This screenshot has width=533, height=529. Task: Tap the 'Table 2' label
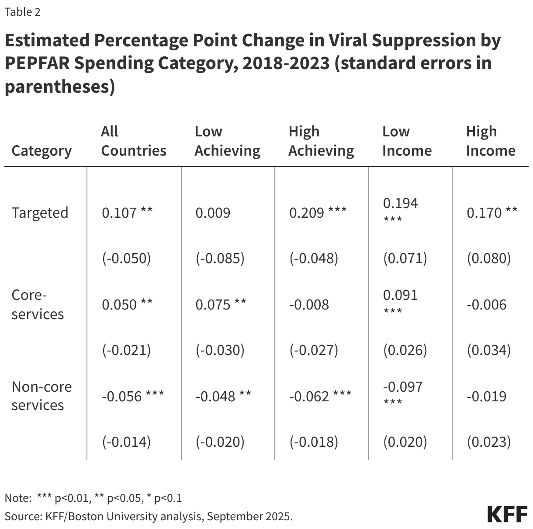coord(22,12)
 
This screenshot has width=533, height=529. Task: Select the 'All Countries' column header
coord(133,141)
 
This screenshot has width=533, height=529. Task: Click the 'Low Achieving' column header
coord(227,141)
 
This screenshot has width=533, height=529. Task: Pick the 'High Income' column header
coord(490,141)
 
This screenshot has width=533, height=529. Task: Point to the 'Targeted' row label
coord(40,213)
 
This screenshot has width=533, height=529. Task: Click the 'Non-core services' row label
coord(42,396)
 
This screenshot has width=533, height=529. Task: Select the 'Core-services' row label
coord(38,304)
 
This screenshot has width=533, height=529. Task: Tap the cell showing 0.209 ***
coord(318,213)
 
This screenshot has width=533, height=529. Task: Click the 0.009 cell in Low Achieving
coord(213,213)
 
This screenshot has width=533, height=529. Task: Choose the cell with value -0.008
coord(309,305)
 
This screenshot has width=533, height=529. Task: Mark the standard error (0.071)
coord(405,258)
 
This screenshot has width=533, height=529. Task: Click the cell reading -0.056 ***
coord(133,397)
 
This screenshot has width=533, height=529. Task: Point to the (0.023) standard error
coord(488,442)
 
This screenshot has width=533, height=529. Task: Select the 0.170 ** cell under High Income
coord(491,213)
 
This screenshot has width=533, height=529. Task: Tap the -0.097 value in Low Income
coord(402,387)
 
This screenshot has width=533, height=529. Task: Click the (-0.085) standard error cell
coord(220,258)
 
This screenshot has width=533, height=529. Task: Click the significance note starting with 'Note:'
coord(93,498)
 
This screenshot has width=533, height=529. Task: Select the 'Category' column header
coord(42,150)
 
